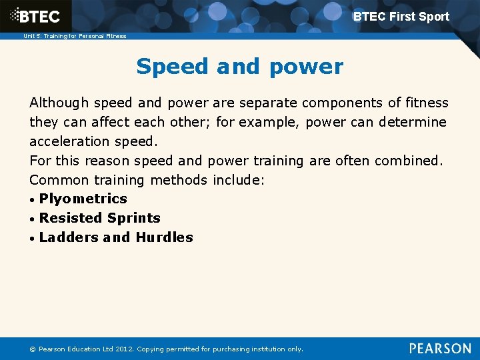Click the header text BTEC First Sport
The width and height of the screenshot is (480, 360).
coord(401,17)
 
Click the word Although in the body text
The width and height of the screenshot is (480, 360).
coord(59,103)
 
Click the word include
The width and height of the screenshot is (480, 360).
coord(239,180)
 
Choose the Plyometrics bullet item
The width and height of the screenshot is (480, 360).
coord(83,199)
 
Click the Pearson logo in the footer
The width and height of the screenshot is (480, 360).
coord(440,348)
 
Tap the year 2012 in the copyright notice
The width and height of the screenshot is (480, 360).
coord(123,349)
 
